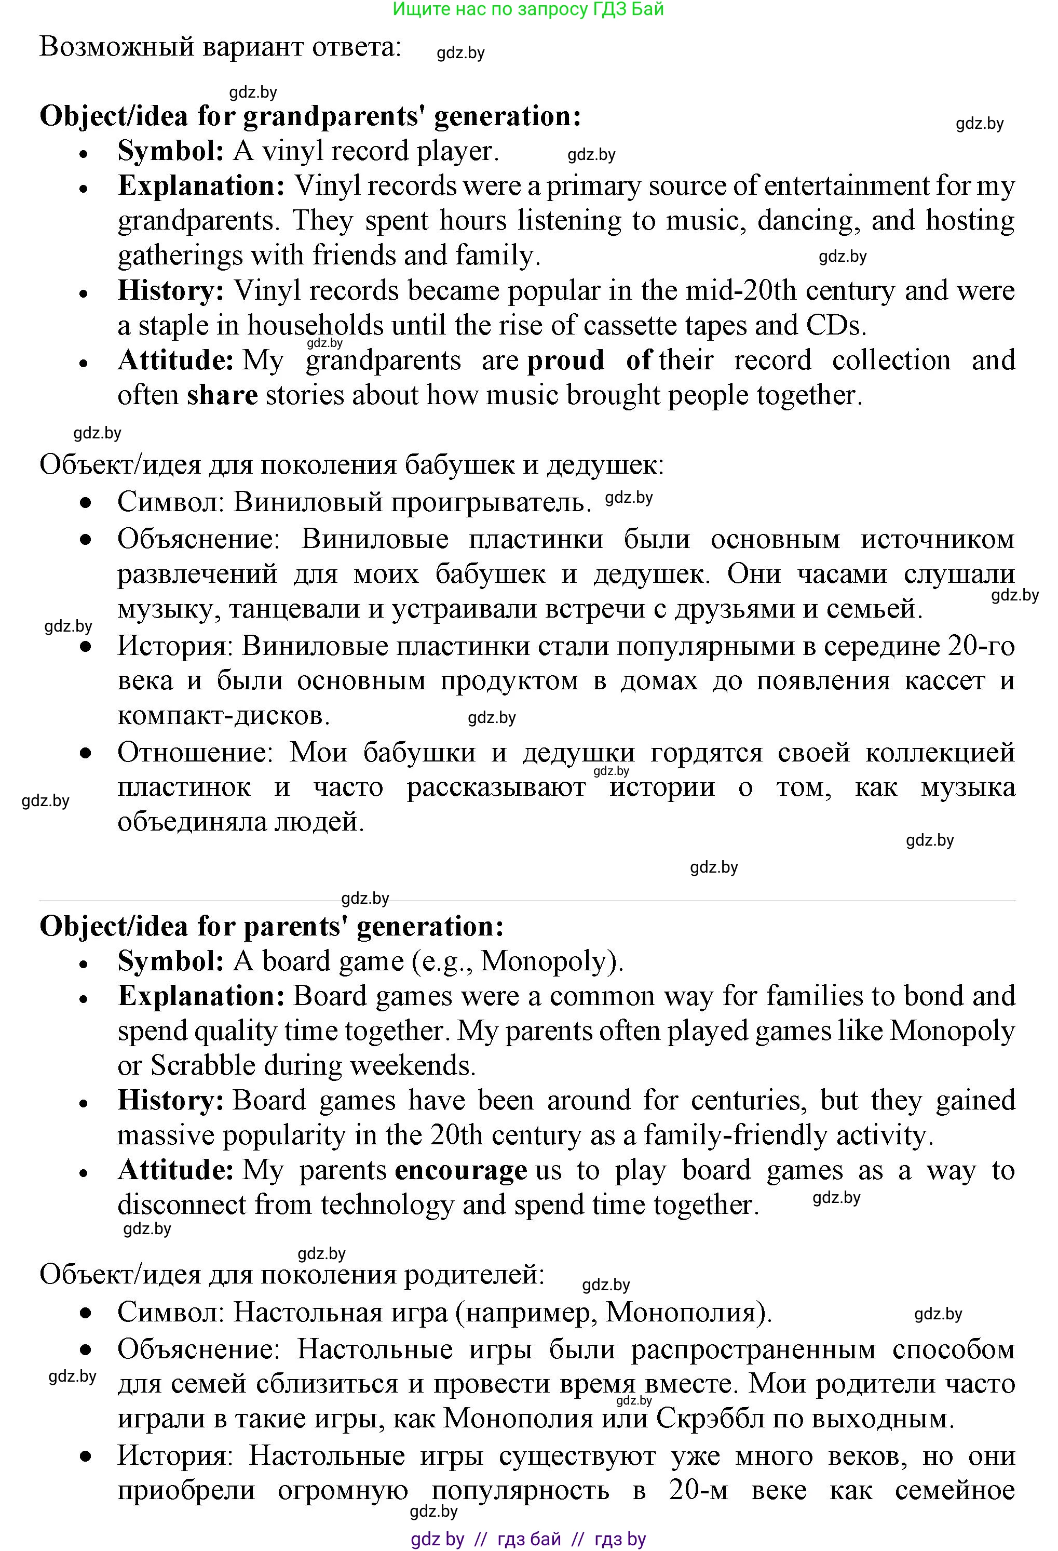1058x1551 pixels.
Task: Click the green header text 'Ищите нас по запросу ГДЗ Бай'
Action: tap(528, 9)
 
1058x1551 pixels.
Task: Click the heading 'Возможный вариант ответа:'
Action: tap(220, 47)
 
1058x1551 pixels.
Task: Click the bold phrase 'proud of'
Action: tap(589, 360)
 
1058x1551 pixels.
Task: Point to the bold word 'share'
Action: tap(222, 395)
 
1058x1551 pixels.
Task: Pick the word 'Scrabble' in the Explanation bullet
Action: tap(204, 1065)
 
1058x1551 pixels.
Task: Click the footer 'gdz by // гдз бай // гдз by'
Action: tap(528, 1539)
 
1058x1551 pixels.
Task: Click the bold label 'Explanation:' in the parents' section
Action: tap(201, 996)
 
